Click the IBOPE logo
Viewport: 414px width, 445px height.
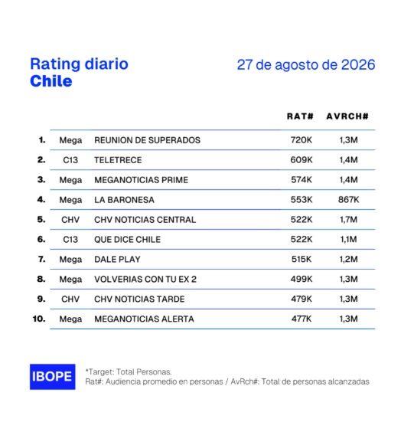point(53,377)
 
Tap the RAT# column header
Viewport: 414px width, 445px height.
point(300,116)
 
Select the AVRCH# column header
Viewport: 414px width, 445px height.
point(347,116)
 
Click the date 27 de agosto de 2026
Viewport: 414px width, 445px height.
point(306,64)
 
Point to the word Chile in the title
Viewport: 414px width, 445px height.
point(51,81)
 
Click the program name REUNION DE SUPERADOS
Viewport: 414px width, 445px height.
point(147,140)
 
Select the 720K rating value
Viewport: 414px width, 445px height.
point(302,140)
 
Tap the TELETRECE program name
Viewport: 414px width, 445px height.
point(118,160)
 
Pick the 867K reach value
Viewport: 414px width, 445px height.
point(348,199)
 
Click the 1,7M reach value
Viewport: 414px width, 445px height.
point(348,219)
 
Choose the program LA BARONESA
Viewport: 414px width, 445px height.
point(124,200)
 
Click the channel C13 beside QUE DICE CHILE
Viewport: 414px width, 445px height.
point(70,240)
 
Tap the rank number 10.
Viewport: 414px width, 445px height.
point(39,319)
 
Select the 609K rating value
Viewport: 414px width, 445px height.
point(302,160)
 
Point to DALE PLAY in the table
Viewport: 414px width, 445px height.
point(117,260)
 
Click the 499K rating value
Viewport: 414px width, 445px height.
point(302,279)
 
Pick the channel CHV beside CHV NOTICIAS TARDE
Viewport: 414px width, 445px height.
point(70,299)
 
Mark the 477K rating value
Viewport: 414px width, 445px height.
point(302,319)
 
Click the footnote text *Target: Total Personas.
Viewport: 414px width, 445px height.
point(129,371)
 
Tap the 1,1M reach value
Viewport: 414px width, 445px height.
point(348,239)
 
